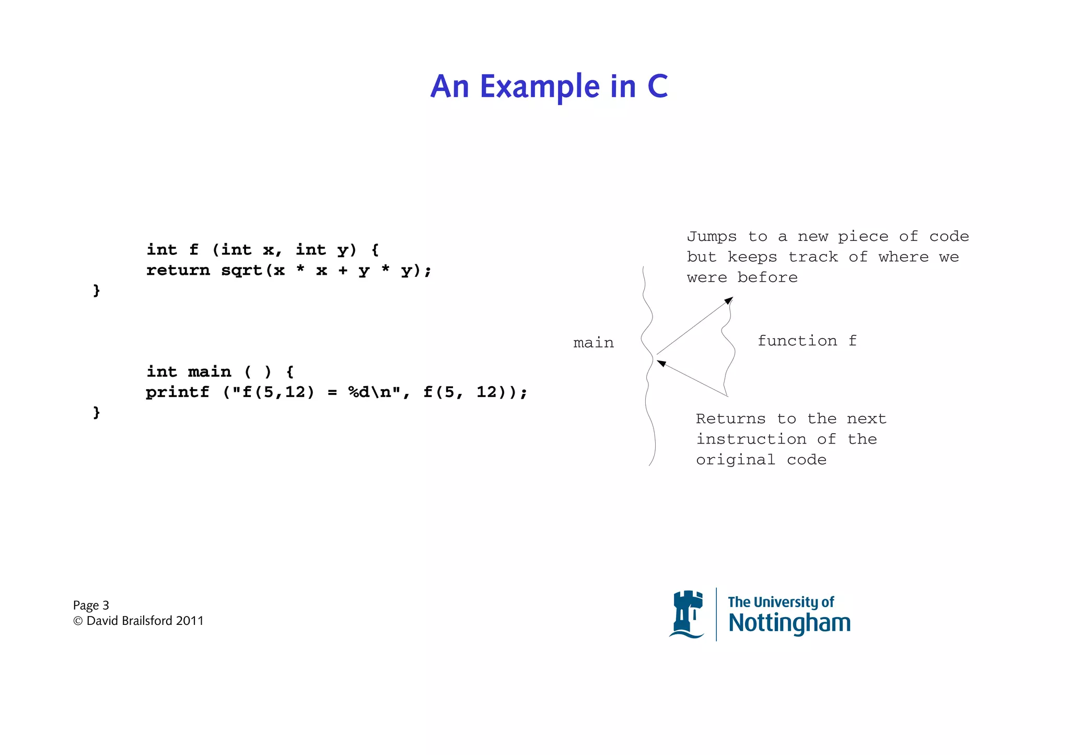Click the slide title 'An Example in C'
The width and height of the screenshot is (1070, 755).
click(x=549, y=86)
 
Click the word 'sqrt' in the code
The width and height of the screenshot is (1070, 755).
click(x=241, y=271)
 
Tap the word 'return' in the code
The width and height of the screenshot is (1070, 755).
click(x=178, y=271)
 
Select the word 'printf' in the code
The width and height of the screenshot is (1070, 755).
click(x=177, y=392)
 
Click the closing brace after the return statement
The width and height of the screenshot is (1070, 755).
click(x=96, y=291)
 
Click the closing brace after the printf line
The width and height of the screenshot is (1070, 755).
click(x=96, y=413)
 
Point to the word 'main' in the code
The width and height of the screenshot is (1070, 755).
click(x=209, y=372)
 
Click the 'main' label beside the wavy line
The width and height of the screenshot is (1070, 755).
click(x=593, y=343)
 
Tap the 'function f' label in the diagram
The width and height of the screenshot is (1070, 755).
click(x=807, y=341)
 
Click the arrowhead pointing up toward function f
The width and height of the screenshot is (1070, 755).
click(x=729, y=300)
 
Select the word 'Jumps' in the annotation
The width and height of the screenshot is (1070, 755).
click(x=712, y=237)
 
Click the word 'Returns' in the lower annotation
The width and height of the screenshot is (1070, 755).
click(x=730, y=419)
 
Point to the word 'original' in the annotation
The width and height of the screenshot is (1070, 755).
click(x=735, y=460)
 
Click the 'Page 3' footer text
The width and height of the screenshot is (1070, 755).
click(x=91, y=606)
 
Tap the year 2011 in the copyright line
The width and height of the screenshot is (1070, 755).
click(x=190, y=621)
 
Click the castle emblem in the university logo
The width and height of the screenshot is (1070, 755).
click(x=687, y=614)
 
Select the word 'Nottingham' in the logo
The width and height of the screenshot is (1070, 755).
click(x=789, y=623)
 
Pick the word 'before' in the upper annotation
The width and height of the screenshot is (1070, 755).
click(x=767, y=277)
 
